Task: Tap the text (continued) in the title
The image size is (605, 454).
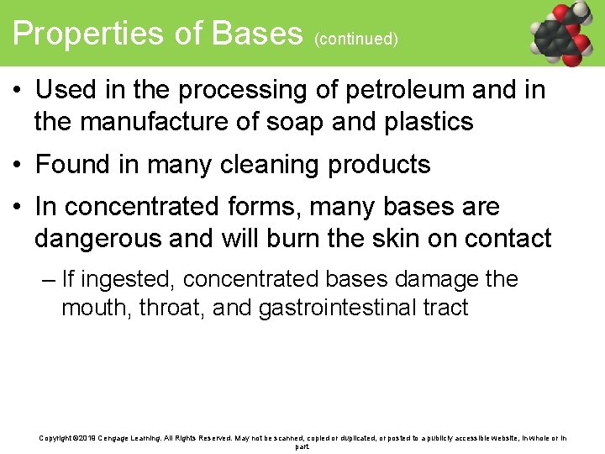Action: click(356, 39)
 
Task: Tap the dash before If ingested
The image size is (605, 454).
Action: click(48, 279)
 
